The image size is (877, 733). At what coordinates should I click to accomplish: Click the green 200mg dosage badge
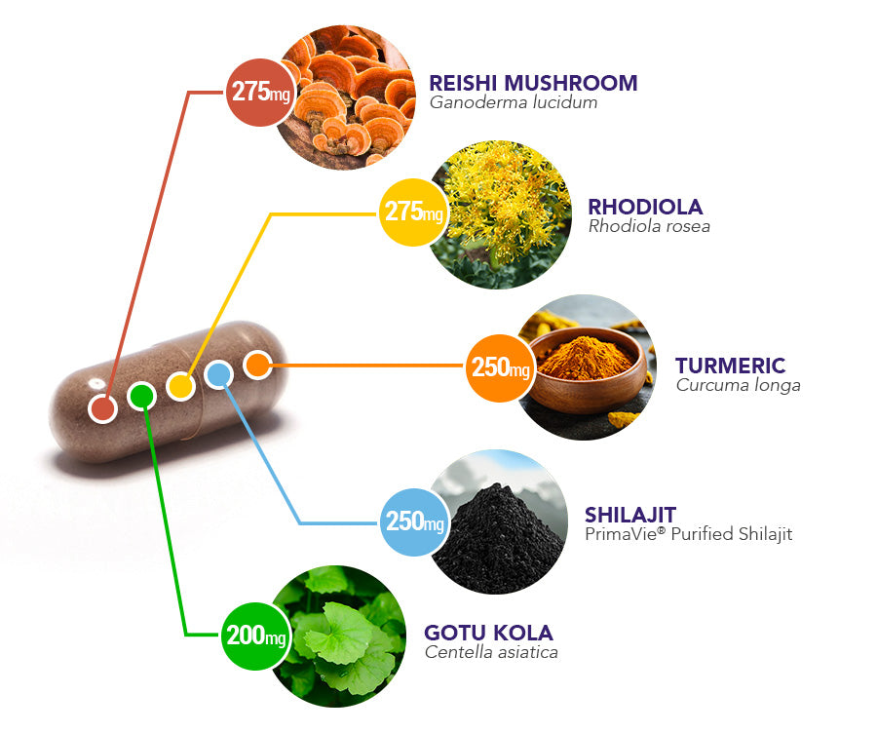[x=256, y=637]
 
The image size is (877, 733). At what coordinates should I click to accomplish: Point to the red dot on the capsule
[x=102, y=407]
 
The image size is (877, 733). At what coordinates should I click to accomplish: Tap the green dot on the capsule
[x=142, y=396]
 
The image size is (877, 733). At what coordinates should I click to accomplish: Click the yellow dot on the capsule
[x=180, y=386]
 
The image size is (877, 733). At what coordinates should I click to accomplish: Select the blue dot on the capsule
[x=218, y=374]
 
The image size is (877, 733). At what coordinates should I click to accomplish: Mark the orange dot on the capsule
[x=256, y=366]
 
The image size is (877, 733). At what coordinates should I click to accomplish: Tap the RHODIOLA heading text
[x=645, y=208]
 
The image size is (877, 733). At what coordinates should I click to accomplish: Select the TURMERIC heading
[x=730, y=366]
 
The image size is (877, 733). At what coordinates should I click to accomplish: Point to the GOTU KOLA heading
[x=488, y=633]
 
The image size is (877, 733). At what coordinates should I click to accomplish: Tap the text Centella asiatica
[x=491, y=652]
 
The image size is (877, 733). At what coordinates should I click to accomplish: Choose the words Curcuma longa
[x=738, y=385]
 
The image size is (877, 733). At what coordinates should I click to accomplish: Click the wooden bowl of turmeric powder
[x=585, y=370]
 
